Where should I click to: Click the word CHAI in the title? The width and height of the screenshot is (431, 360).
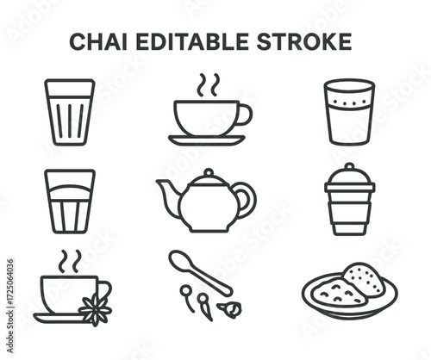point(95,42)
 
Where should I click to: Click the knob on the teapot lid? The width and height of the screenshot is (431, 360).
point(207,173)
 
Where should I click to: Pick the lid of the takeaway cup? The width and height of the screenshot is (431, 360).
point(349,177)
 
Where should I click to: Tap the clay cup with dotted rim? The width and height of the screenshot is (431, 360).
point(348,111)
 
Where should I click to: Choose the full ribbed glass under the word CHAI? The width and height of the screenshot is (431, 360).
point(69,112)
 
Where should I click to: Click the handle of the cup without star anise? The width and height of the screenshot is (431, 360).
point(245,114)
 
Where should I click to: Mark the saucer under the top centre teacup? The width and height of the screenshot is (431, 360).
point(207,140)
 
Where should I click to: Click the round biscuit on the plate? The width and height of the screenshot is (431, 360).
point(357,278)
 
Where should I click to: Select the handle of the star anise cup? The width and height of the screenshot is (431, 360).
point(105,290)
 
